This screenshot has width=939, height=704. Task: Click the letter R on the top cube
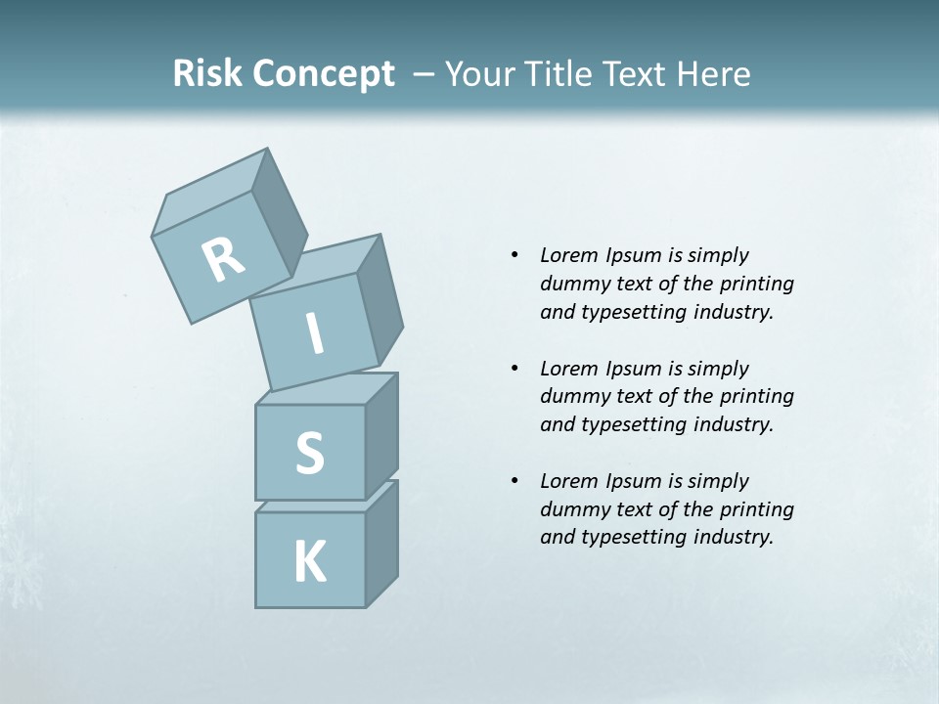(223, 260)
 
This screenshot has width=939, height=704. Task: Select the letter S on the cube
(309, 454)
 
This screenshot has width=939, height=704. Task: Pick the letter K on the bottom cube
(310, 561)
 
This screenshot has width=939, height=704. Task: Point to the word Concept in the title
(323, 74)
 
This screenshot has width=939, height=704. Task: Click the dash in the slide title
(425, 74)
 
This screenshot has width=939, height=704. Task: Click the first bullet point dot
(514, 255)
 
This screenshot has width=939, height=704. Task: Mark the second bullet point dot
(514, 369)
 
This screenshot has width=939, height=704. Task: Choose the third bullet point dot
(514, 481)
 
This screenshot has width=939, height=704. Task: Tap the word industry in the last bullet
(733, 537)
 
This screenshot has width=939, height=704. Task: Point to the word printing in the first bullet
(757, 284)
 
